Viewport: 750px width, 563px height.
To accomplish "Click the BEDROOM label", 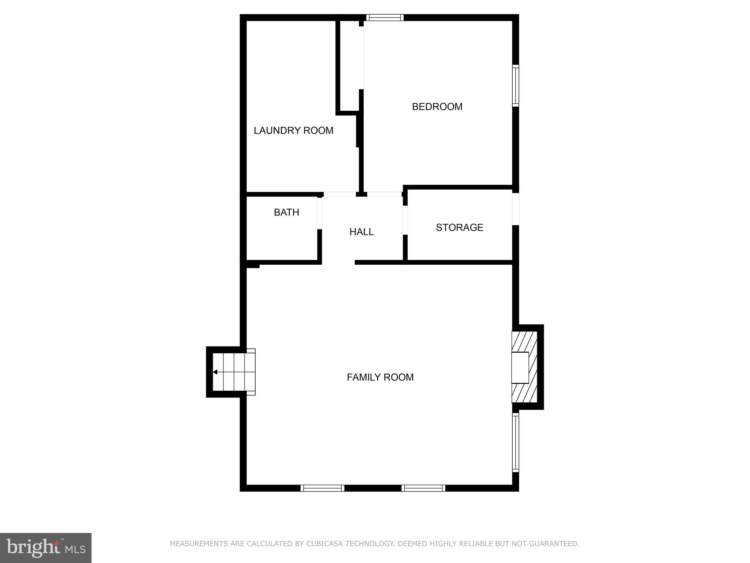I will [437, 107].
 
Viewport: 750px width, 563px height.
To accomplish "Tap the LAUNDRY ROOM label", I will [293, 130].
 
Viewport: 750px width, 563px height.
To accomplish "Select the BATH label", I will [286, 212].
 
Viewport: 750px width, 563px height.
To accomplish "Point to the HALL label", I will [361, 232].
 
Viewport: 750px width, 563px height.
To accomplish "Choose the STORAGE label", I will [459, 228].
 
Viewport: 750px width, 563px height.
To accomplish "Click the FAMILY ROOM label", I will [380, 377].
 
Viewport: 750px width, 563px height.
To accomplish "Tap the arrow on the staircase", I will [215, 372].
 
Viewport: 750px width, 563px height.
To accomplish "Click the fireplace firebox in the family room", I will [520, 367].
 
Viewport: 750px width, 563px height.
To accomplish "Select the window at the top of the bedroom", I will [385, 17].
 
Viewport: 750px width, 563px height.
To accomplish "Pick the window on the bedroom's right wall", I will [516, 86].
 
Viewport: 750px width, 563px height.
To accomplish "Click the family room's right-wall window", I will [516, 442].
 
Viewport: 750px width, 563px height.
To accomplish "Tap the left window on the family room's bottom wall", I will [322, 488].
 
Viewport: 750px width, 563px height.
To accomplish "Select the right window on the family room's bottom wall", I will [423, 488].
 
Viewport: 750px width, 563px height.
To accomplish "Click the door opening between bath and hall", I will [319, 213].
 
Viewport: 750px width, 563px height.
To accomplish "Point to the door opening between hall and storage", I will [405, 220].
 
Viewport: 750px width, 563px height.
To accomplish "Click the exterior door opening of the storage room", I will [516, 209].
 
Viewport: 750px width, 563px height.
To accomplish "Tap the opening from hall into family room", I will [338, 262].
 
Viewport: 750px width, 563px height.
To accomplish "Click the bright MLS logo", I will [46, 548].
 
